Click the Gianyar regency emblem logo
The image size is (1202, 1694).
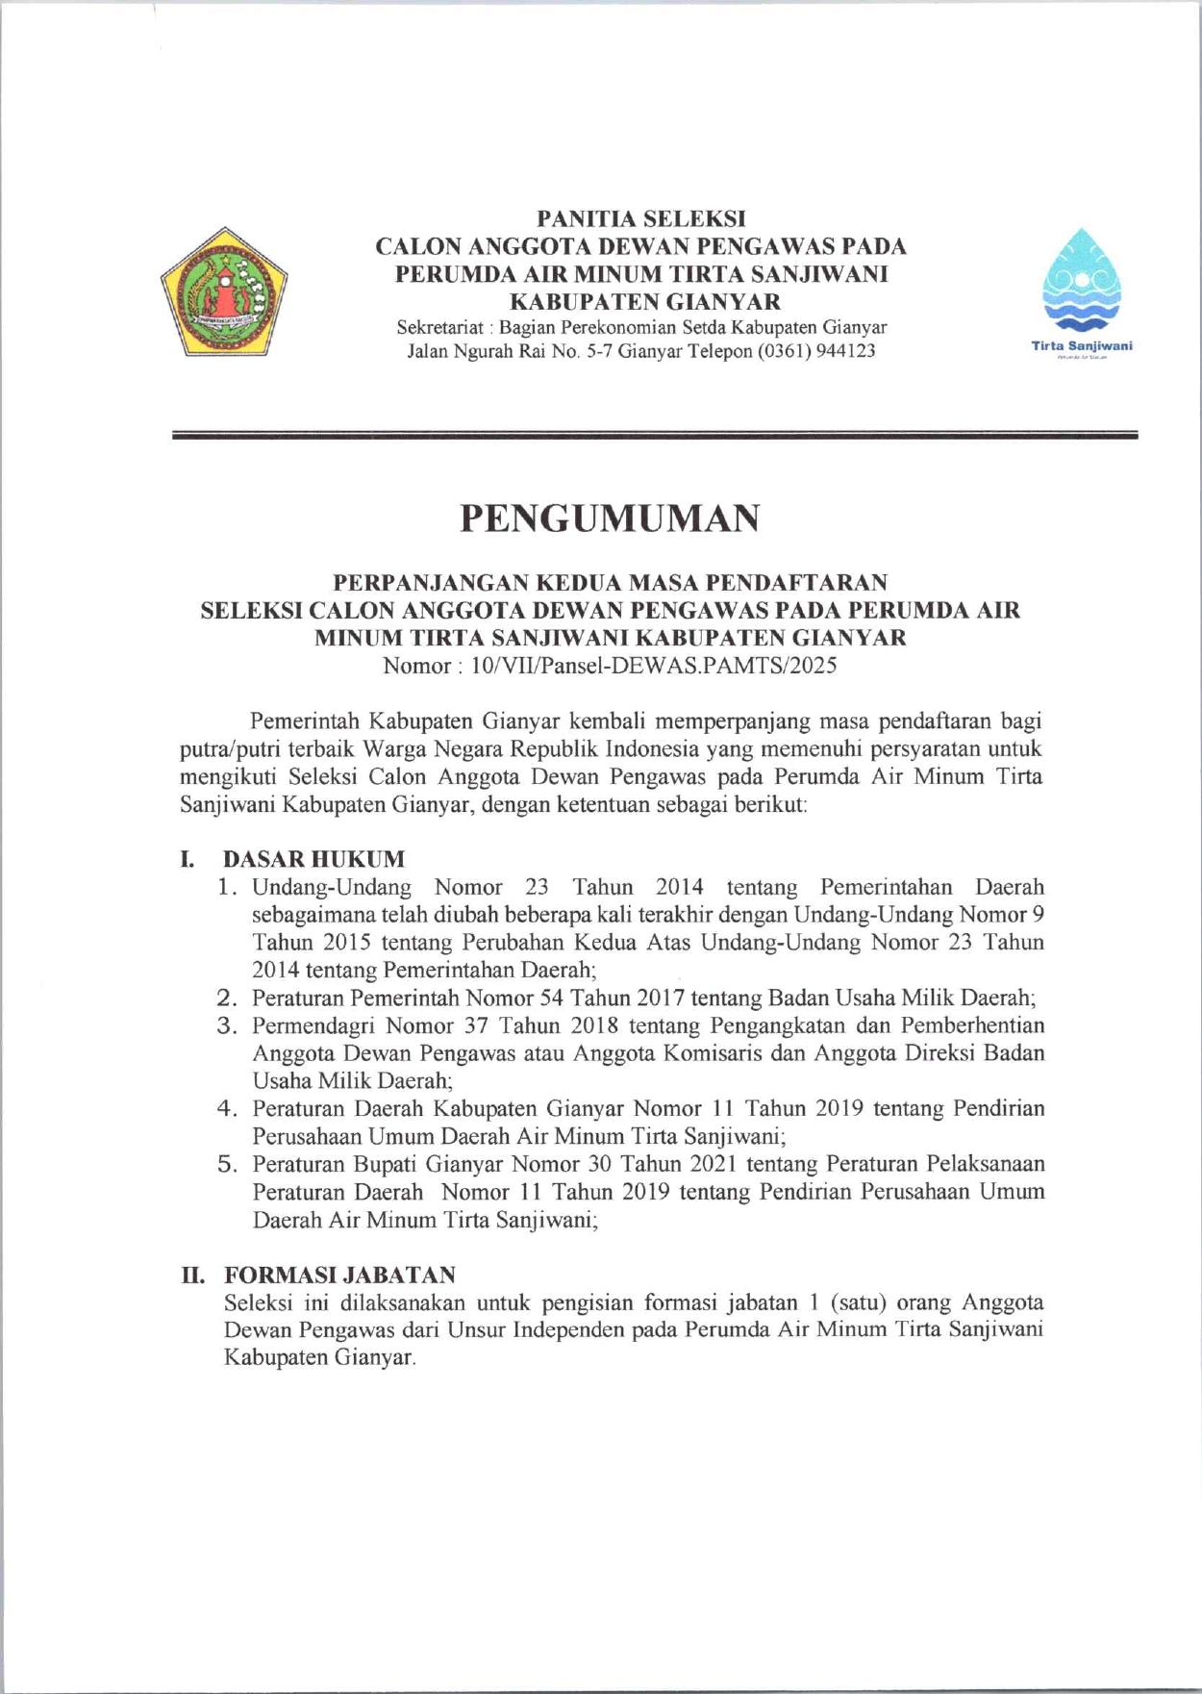(224, 292)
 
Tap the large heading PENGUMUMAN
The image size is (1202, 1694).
(610, 518)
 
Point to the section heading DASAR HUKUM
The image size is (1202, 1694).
(313, 858)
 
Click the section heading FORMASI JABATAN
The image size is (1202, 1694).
(339, 1275)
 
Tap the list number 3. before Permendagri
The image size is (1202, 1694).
(227, 1025)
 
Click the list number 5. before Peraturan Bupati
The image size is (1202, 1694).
(227, 1164)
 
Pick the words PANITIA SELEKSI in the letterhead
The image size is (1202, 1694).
(640, 219)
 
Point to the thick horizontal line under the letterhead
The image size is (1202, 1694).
(654, 436)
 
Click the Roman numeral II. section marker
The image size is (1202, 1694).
(194, 1275)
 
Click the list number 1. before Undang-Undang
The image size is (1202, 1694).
(227, 886)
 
